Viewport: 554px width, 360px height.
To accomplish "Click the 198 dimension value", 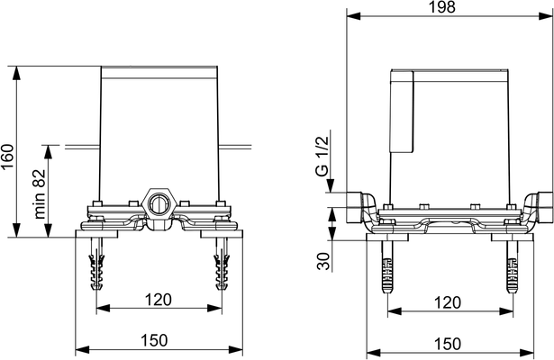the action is click(x=442, y=6).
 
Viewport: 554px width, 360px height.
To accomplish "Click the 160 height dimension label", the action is click(x=7, y=157).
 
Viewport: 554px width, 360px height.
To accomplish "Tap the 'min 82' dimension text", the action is click(x=40, y=194).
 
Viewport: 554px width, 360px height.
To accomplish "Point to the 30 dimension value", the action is click(x=322, y=261).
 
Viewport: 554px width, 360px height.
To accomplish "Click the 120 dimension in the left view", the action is click(x=158, y=300).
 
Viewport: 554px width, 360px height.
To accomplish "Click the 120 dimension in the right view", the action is click(x=448, y=302).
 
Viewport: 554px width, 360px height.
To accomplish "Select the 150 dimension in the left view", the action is click(x=154, y=340).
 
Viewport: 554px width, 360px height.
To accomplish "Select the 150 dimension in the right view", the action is click(x=448, y=344).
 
